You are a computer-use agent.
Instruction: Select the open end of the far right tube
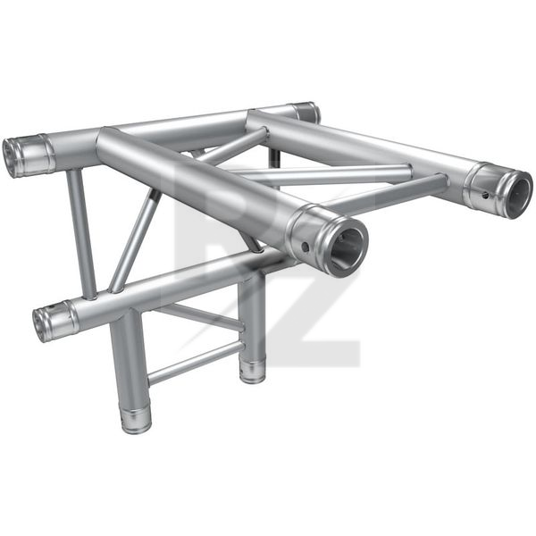click(516, 194)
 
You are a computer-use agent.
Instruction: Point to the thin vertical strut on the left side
click(82, 232)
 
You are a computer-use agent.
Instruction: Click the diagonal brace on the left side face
click(134, 241)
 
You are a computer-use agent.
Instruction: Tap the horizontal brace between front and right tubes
click(339, 172)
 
